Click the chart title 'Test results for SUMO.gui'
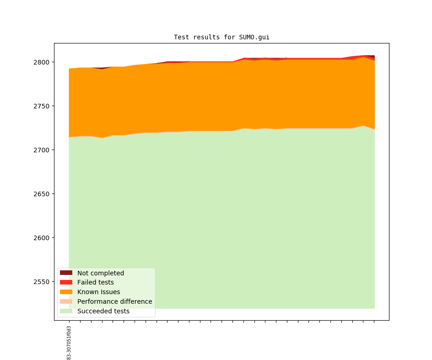(x=221, y=37)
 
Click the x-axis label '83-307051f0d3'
(x=69, y=343)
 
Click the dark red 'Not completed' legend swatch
(x=66, y=273)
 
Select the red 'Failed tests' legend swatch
(x=66, y=283)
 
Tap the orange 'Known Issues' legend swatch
(x=66, y=292)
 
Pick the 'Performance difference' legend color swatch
(x=66, y=301)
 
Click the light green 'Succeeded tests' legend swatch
(x=66, y=311)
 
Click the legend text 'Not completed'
(x=100, y=273)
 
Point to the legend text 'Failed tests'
(x=95, y=283)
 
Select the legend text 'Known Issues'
(x=98, y=292)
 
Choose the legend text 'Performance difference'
(x=114, y=301)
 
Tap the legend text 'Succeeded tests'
(x=103, y=311)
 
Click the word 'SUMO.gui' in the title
(x=254, y=37)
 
